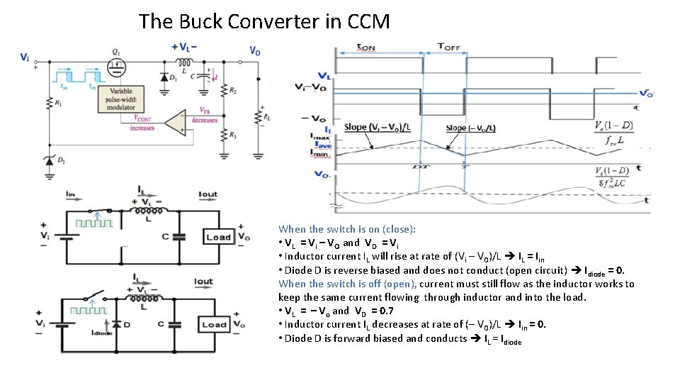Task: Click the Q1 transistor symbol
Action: pyautogui.click(x=116, y=67)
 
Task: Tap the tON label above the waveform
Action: pyautogui.click(x=366, y=48)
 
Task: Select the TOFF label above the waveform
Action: pyautogui.click(x=448, y=47)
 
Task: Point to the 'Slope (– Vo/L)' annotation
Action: pyautogui.click(x=471, y=128)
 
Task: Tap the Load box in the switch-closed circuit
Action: pyautogui.click(x=218, y=237)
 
